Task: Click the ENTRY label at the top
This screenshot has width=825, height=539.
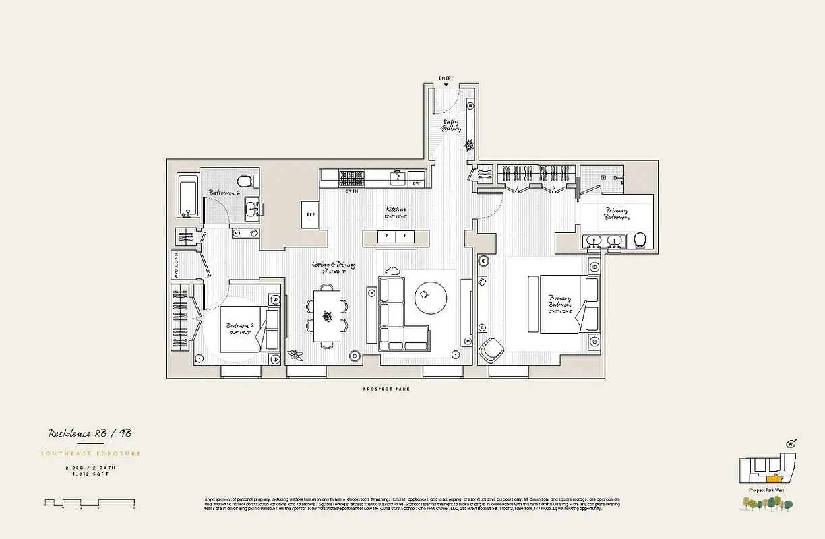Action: (446, 78)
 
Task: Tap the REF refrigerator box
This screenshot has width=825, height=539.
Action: (310, 214)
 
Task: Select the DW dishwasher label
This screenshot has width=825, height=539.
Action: (416, 183)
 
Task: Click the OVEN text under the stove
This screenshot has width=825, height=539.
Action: (351, 191)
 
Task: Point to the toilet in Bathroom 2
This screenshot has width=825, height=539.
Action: (247, 181)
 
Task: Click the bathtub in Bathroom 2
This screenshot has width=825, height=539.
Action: (188, 196)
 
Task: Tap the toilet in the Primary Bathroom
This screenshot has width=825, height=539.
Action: (641, 240)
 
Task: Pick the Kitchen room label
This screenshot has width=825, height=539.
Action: (394, 212)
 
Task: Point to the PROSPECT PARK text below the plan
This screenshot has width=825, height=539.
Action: (386, 389)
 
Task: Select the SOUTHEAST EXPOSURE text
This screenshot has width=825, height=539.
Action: (92, 453)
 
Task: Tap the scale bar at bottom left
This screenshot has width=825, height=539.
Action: (90, 503)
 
